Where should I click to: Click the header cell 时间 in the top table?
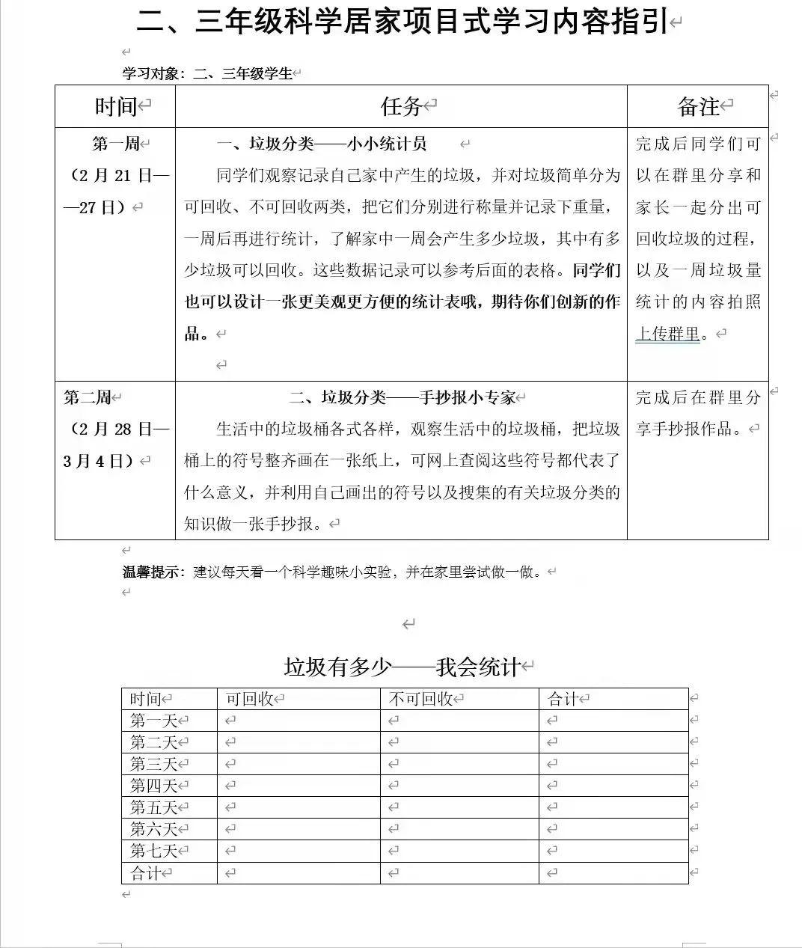tap(116, 106)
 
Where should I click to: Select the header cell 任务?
tap(401, 106)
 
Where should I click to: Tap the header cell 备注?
tap(698, 106)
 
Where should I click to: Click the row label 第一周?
tap(115, 144)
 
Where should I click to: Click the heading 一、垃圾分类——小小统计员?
tap(321, 144)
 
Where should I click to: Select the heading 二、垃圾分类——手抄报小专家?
tap(402, 397)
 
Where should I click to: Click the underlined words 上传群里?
tap(667, 334)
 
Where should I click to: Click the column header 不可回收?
tap(420, 699)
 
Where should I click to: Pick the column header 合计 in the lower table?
tap(563, 699)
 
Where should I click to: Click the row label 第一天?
tap(153, 721)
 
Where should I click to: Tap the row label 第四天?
tap(153, 786)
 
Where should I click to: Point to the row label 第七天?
tap(153, 851)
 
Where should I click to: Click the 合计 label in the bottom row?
tap(145, 872)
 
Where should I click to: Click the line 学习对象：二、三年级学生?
tap(207, 73)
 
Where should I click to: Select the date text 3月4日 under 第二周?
tap(96, 461)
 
